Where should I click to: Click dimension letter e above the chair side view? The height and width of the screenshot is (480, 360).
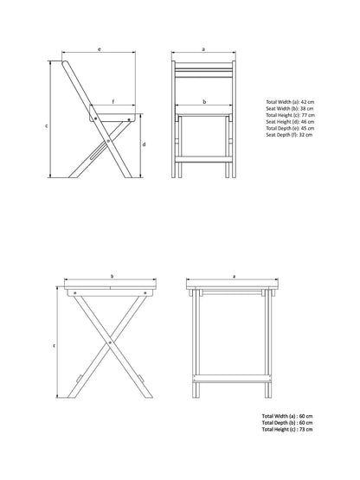coord(100,50)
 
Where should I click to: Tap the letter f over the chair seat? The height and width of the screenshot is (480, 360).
coord(112,103)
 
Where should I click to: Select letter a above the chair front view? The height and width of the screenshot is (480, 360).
coord(203,50)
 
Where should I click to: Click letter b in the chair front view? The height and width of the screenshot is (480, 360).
coord(203,102)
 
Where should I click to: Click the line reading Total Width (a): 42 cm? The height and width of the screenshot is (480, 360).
coord(289,101)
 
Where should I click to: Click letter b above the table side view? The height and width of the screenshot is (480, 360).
coord(112,277)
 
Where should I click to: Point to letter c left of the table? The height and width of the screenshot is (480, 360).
coord(55,344)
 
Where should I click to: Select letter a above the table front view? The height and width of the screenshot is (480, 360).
coord(235,277)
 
